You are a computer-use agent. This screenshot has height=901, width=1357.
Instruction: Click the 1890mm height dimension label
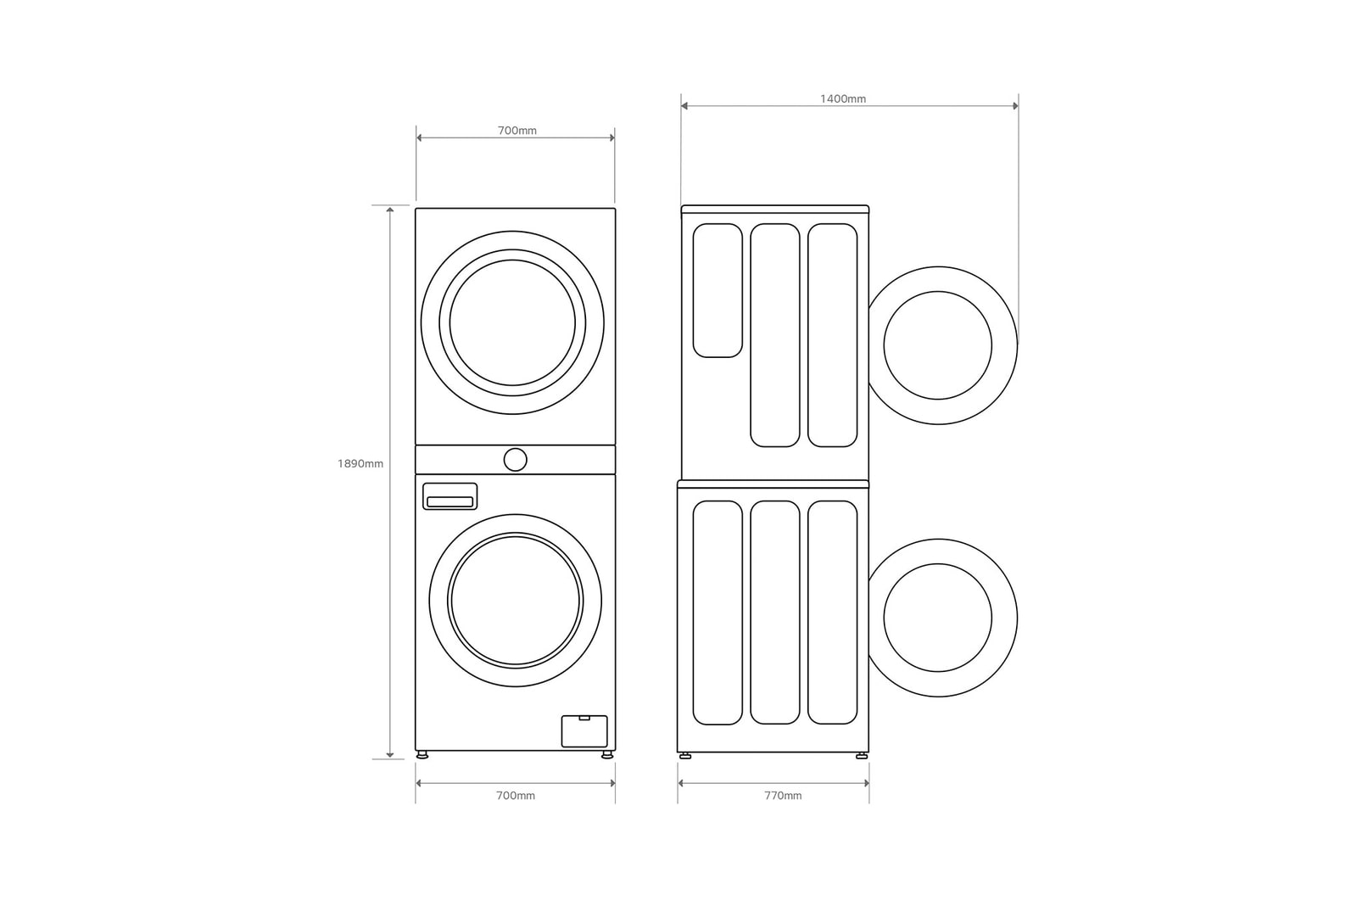(x=360, y=463)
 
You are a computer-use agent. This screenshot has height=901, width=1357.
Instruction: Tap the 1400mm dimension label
(x=843, y=98)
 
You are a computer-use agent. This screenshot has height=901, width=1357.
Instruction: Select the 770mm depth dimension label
(x=783, y=796)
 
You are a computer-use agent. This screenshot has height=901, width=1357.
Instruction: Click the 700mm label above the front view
(x=517, y=131)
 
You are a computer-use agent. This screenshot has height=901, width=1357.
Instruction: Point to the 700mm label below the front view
(x=516, y=796)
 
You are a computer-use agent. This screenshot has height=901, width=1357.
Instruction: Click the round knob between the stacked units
(x=515, y=460)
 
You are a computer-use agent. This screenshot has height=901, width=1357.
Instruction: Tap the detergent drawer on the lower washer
(x=450, y=496)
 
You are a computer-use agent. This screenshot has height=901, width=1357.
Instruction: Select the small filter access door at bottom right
(x=584, y=731)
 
